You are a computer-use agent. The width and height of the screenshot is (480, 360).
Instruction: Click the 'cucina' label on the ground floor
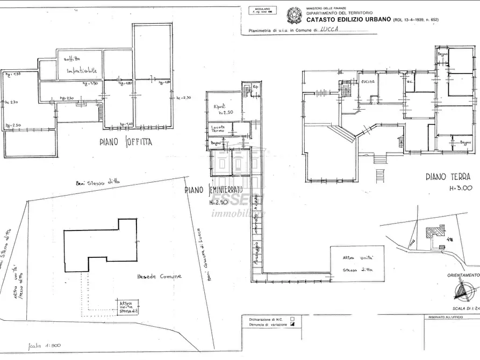pyautogui.click(x=368, y=81)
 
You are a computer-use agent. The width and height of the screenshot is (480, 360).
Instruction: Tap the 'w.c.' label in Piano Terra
pyautogui.click(x=409, y=88)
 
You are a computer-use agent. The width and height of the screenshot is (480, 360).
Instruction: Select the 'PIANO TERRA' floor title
pyautogui.click(x=448, y=176)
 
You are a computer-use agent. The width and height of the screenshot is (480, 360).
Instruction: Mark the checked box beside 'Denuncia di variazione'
pyautogui.click(x=292, y=325)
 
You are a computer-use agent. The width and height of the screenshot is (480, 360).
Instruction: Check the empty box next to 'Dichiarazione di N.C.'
pyautogui.click(x=292, y=319)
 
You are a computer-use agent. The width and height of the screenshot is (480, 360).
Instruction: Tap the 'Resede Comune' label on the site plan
pyautogui.click(x=159, y=276)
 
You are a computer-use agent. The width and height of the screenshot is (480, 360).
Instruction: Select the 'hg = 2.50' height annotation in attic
pyautogui.click(x=12, y=126)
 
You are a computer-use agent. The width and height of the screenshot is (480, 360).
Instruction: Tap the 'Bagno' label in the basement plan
pyautogui.click(x=216, y=143)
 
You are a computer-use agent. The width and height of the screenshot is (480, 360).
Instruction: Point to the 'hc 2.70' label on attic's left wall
pyautogui.click(x=11, y=102)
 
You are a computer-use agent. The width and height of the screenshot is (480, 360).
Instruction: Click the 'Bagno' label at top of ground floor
pyautogui.click(x=442, y=55)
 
